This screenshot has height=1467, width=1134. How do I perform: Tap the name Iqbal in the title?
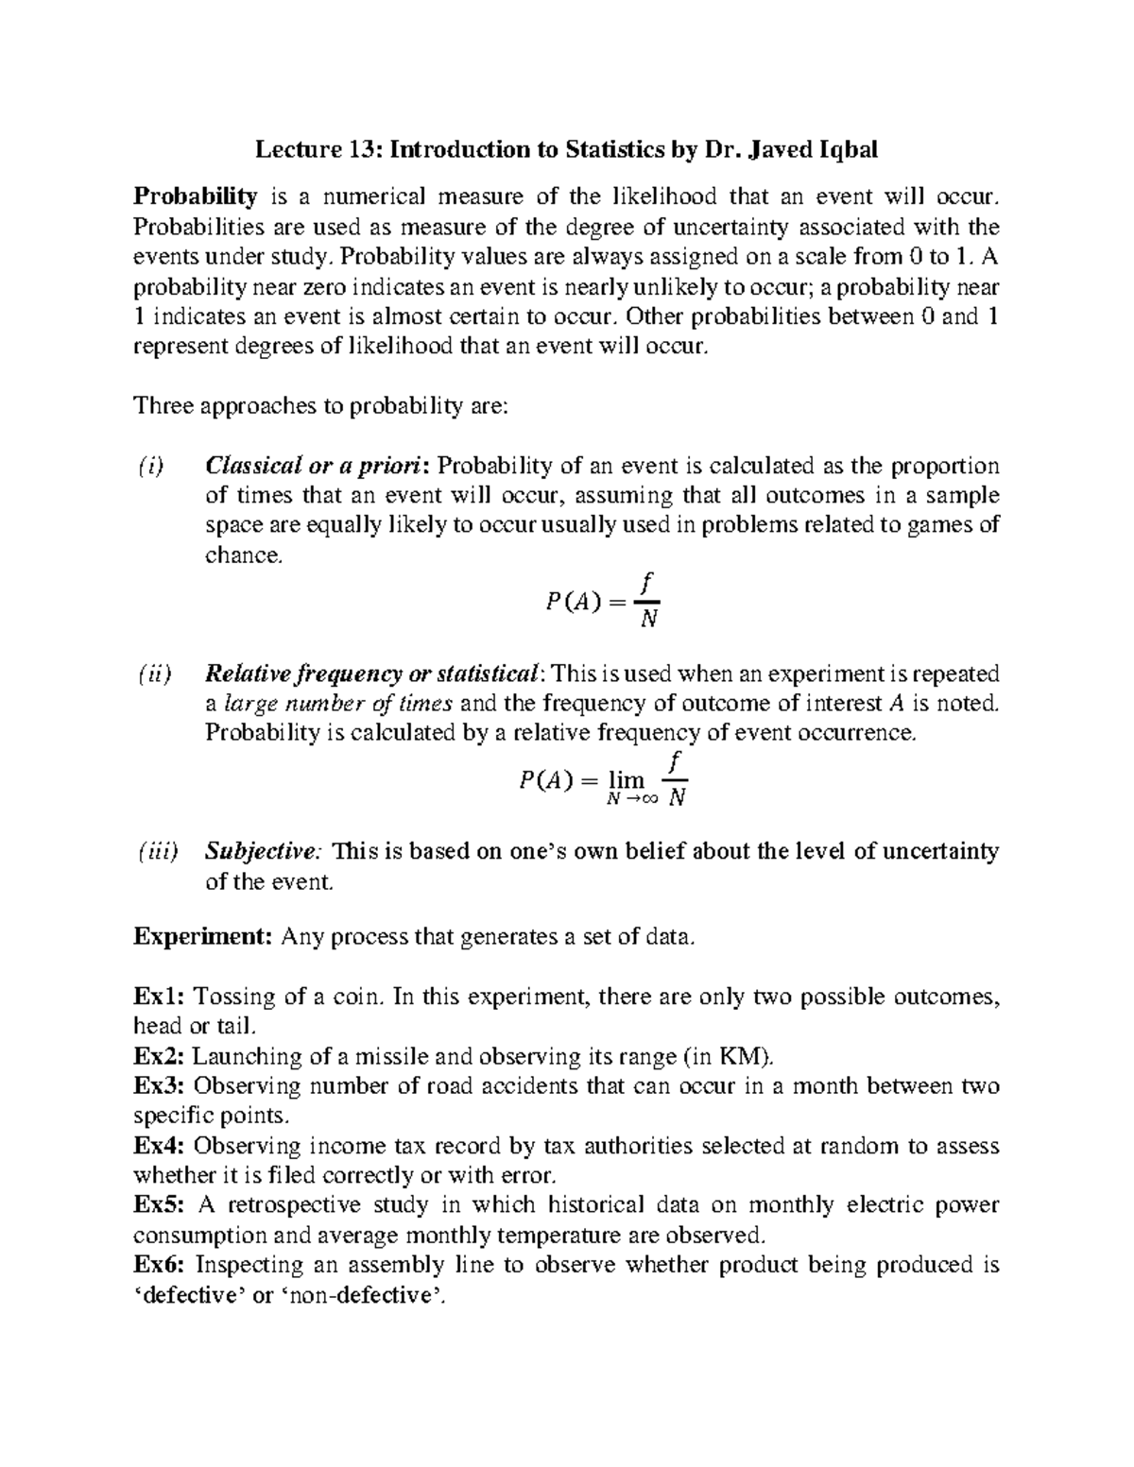(844, 149)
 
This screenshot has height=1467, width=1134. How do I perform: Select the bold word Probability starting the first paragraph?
(196, 197)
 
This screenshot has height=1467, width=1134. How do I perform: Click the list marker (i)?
(148, 466)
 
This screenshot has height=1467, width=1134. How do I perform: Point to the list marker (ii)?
(152, 674)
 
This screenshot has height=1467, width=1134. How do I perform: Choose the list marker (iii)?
(155, 852)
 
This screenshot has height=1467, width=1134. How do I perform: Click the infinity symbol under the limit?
(646, 800)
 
